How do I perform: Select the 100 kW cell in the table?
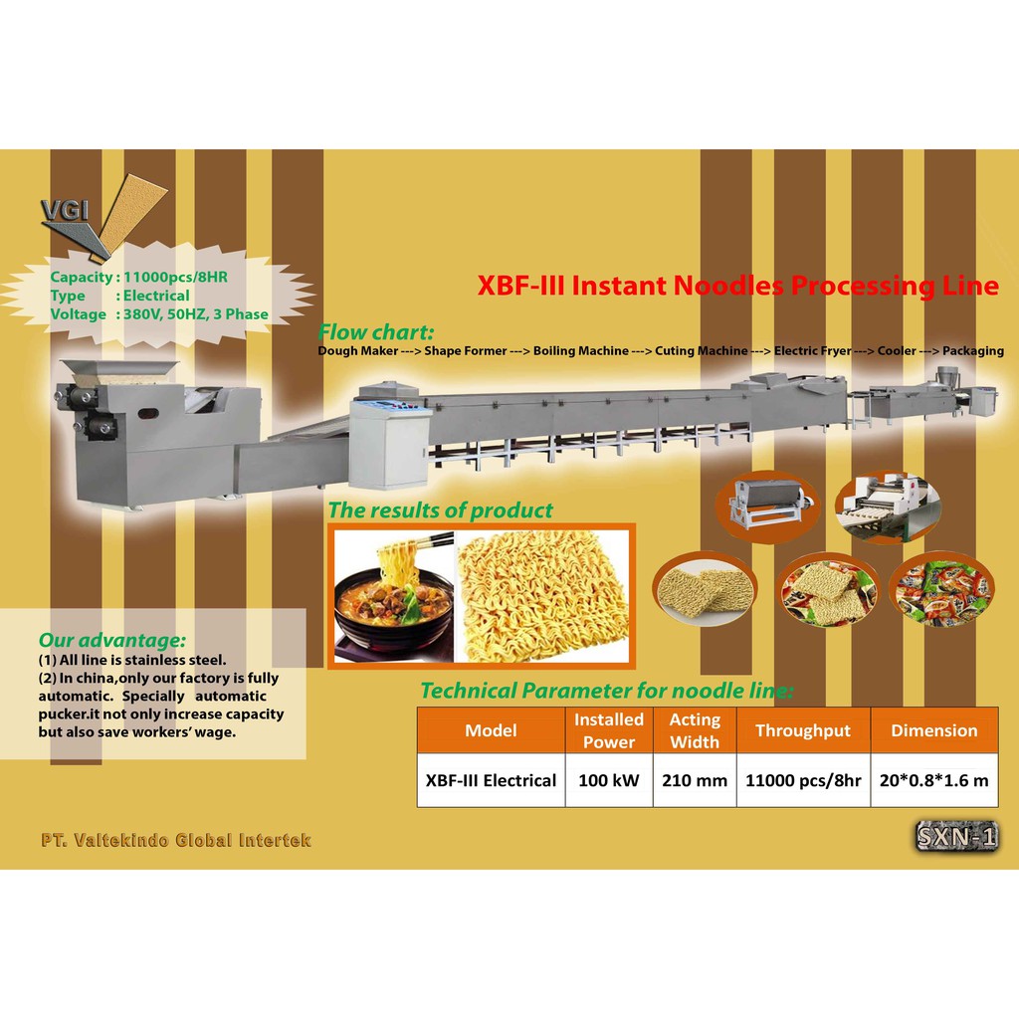(x=608, y=780)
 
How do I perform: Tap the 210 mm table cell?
(x=694, y=780)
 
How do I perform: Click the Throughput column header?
(x=802, y=730)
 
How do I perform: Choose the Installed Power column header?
(x=608, y=730)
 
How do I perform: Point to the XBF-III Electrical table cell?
(x=491, y=780)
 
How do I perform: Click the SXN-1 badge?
(x=955, y=838)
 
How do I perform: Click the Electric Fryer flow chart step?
(x=812, y=351)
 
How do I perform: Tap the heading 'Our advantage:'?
(x=111, y=639)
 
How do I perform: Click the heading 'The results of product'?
(x=440, y=510)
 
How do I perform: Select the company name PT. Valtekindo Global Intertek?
(x=176, y=841)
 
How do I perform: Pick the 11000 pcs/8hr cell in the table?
(x=802, y=780)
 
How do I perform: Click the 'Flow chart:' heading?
(x=375, y=332)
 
